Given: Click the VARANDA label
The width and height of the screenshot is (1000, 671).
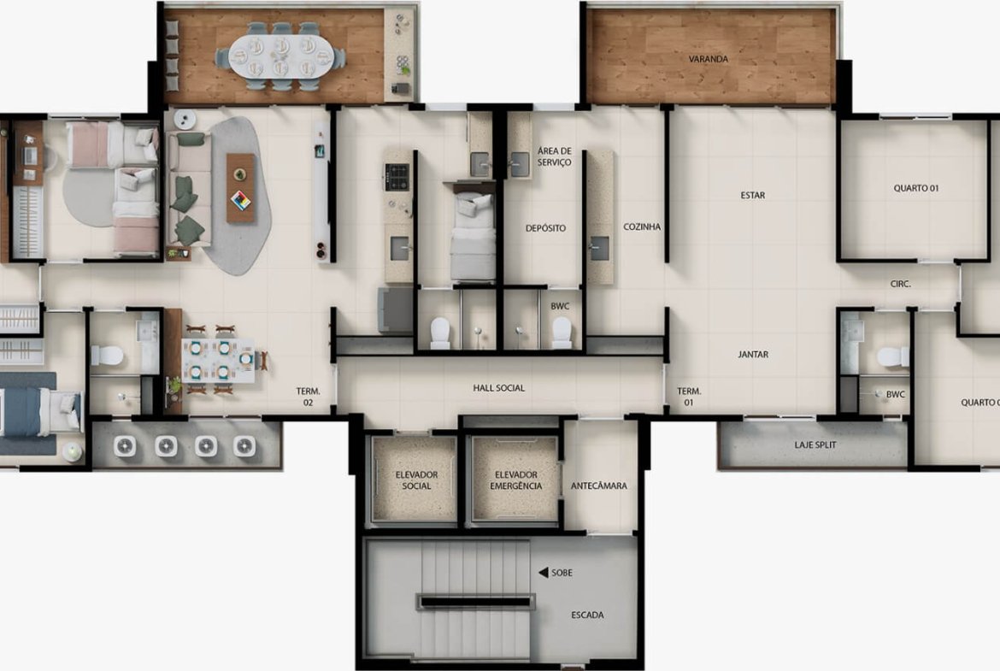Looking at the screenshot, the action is (708, 59).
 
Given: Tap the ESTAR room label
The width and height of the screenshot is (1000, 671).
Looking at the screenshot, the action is (752, 195).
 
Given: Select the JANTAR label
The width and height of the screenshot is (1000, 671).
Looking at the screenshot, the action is (753, 354).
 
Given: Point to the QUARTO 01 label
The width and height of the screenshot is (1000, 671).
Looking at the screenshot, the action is (916, 188).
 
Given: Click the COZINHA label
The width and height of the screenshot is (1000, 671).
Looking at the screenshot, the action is (642, 227).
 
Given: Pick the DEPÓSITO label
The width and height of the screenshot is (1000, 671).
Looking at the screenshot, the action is (545, 227).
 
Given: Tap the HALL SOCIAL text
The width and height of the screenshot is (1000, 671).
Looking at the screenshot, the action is (499, 388).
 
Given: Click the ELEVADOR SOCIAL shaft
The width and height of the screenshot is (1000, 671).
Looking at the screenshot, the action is (415, 480).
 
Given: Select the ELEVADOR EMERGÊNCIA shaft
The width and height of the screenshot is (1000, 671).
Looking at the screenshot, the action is (515, 480).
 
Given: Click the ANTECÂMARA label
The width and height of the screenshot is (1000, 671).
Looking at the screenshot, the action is (599, 486).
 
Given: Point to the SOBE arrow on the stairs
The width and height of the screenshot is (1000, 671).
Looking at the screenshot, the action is (544, 573).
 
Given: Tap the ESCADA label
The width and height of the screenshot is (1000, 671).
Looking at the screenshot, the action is (587, 615).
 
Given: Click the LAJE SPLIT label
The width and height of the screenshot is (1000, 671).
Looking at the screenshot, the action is (815, 444).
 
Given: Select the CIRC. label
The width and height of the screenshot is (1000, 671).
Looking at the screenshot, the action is (901, 284).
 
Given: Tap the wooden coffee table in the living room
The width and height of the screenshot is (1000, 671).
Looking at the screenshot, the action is (240, 188).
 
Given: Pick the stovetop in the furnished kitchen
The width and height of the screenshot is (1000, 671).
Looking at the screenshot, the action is (396, 177).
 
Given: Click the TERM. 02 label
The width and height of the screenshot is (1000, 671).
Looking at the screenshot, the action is (308, 397).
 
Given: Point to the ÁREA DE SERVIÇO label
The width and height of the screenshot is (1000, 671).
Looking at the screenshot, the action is (554, 157).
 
